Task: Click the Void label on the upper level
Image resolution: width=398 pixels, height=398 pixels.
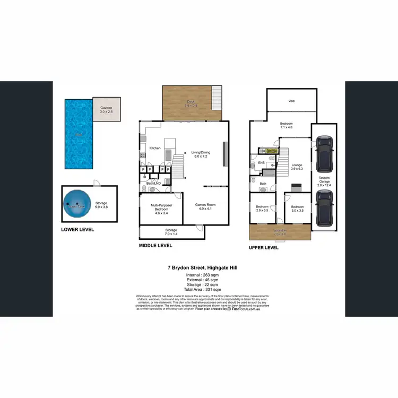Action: pyautogui.click(x=291, y=100)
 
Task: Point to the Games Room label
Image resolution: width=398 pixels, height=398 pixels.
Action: pyautogui.click(x=205, y=206)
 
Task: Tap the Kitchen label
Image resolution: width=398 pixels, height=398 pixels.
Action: pyautogui.click(x=155, y=148)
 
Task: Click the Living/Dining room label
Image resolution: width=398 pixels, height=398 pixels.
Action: pyautogui.click(x=202, y=154)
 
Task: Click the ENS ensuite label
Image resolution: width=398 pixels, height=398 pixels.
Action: pyautogui.click(x=261, y=163)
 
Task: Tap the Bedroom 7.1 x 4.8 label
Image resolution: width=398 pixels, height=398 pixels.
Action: pyautogui.click(x=287, y=125)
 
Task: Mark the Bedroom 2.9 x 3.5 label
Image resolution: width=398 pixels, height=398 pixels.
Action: pyautogui.click(x=262, y=209)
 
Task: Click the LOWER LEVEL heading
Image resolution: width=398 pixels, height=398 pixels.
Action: pyautogui.click(x=77, y=229)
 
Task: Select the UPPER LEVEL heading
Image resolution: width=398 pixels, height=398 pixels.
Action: pyautogui.click(x=264, y=247)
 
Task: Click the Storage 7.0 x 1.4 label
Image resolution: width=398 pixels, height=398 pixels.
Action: pyautogui.click(x=171, y=231)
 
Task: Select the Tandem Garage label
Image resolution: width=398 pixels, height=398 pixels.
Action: pyautogui.click(x=324, y=180)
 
